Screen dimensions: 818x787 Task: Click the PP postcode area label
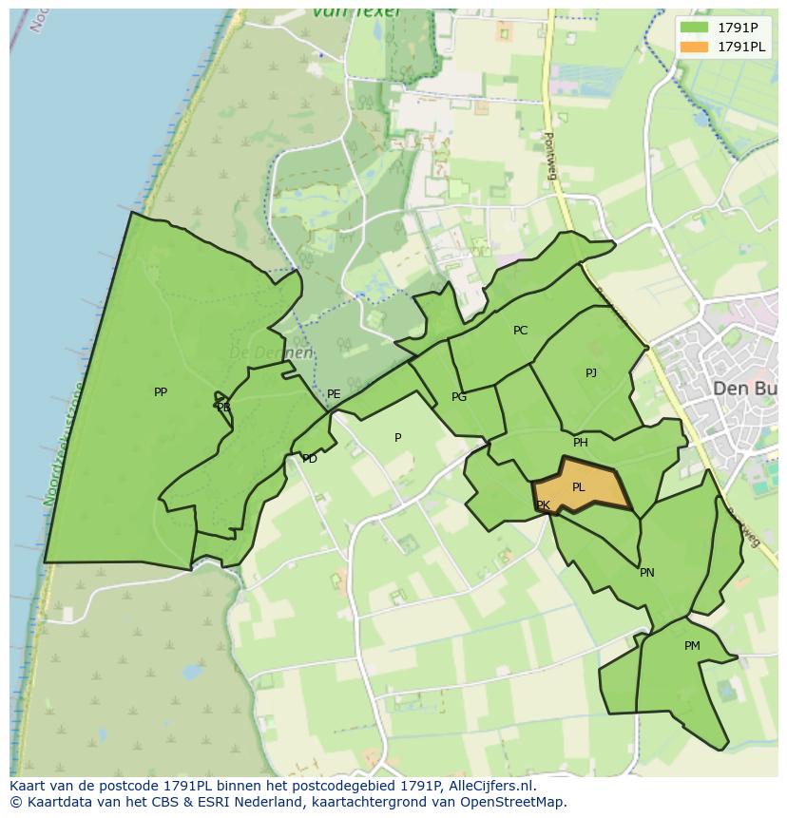tap(161, 391)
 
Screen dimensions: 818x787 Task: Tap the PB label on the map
tap(223, 408)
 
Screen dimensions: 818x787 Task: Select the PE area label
tap(334, 394)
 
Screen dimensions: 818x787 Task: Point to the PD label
tap(310, 459)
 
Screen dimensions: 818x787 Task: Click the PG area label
tap(459, 397)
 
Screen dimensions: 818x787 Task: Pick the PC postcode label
tap(520, 331)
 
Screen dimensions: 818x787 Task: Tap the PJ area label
tap(591, 372)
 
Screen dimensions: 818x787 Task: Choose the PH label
tap(581, 443)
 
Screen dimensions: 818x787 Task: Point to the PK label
tap(543, 505)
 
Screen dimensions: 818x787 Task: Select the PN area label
tap(647, 573)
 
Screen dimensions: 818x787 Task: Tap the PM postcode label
tap(692, 646)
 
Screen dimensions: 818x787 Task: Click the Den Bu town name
tap(744, 389)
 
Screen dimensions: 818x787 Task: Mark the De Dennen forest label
tap(271, 353)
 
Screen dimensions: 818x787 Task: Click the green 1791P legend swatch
tap(695, 28)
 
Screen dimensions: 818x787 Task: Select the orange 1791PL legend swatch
tap(695, 47)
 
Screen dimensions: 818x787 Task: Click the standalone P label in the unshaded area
tap(398, 438)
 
